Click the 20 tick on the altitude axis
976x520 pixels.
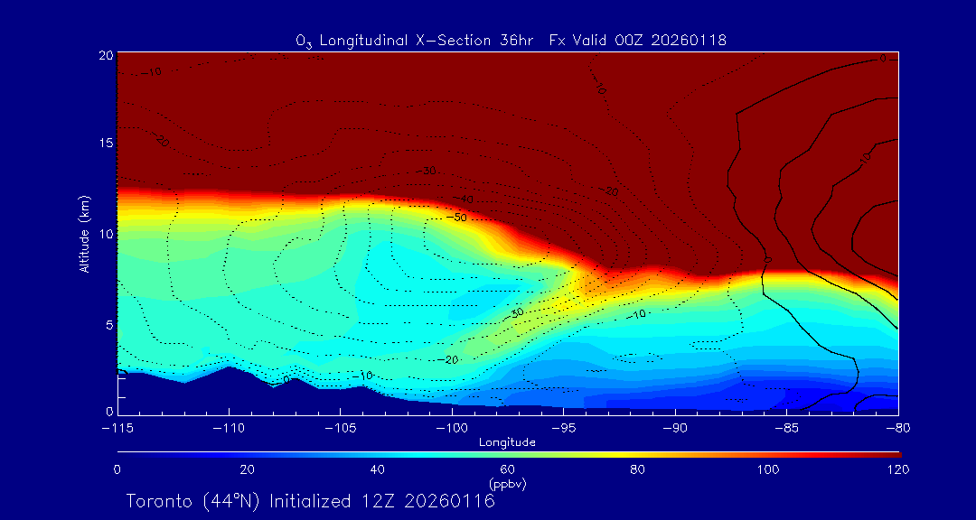coord(105,55)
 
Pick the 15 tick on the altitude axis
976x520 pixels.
coord(105,144)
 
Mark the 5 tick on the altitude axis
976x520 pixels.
coord(108,323)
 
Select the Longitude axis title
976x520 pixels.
coord(508,442)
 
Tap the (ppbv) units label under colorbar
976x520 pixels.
coord(508,483)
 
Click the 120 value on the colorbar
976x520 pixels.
coord(897,469)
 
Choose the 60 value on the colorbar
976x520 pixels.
coord(508,469)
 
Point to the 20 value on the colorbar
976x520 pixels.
coord(247,469)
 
